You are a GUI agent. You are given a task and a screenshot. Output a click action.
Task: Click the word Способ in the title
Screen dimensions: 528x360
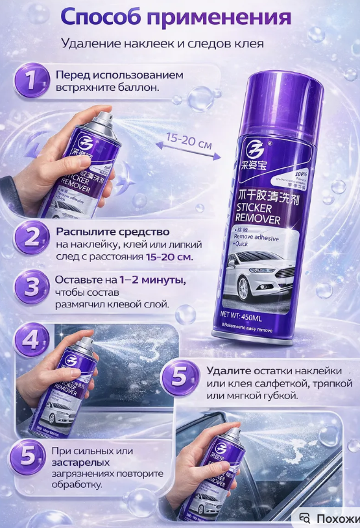[x=97, y=17]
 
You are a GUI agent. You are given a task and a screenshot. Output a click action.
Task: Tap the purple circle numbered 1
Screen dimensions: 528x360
[x=30, y=80]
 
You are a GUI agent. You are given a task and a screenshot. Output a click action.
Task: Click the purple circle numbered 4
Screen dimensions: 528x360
[x=31, y=340]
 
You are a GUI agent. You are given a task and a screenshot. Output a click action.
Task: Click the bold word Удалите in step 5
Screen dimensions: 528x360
[x=227, y=371]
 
